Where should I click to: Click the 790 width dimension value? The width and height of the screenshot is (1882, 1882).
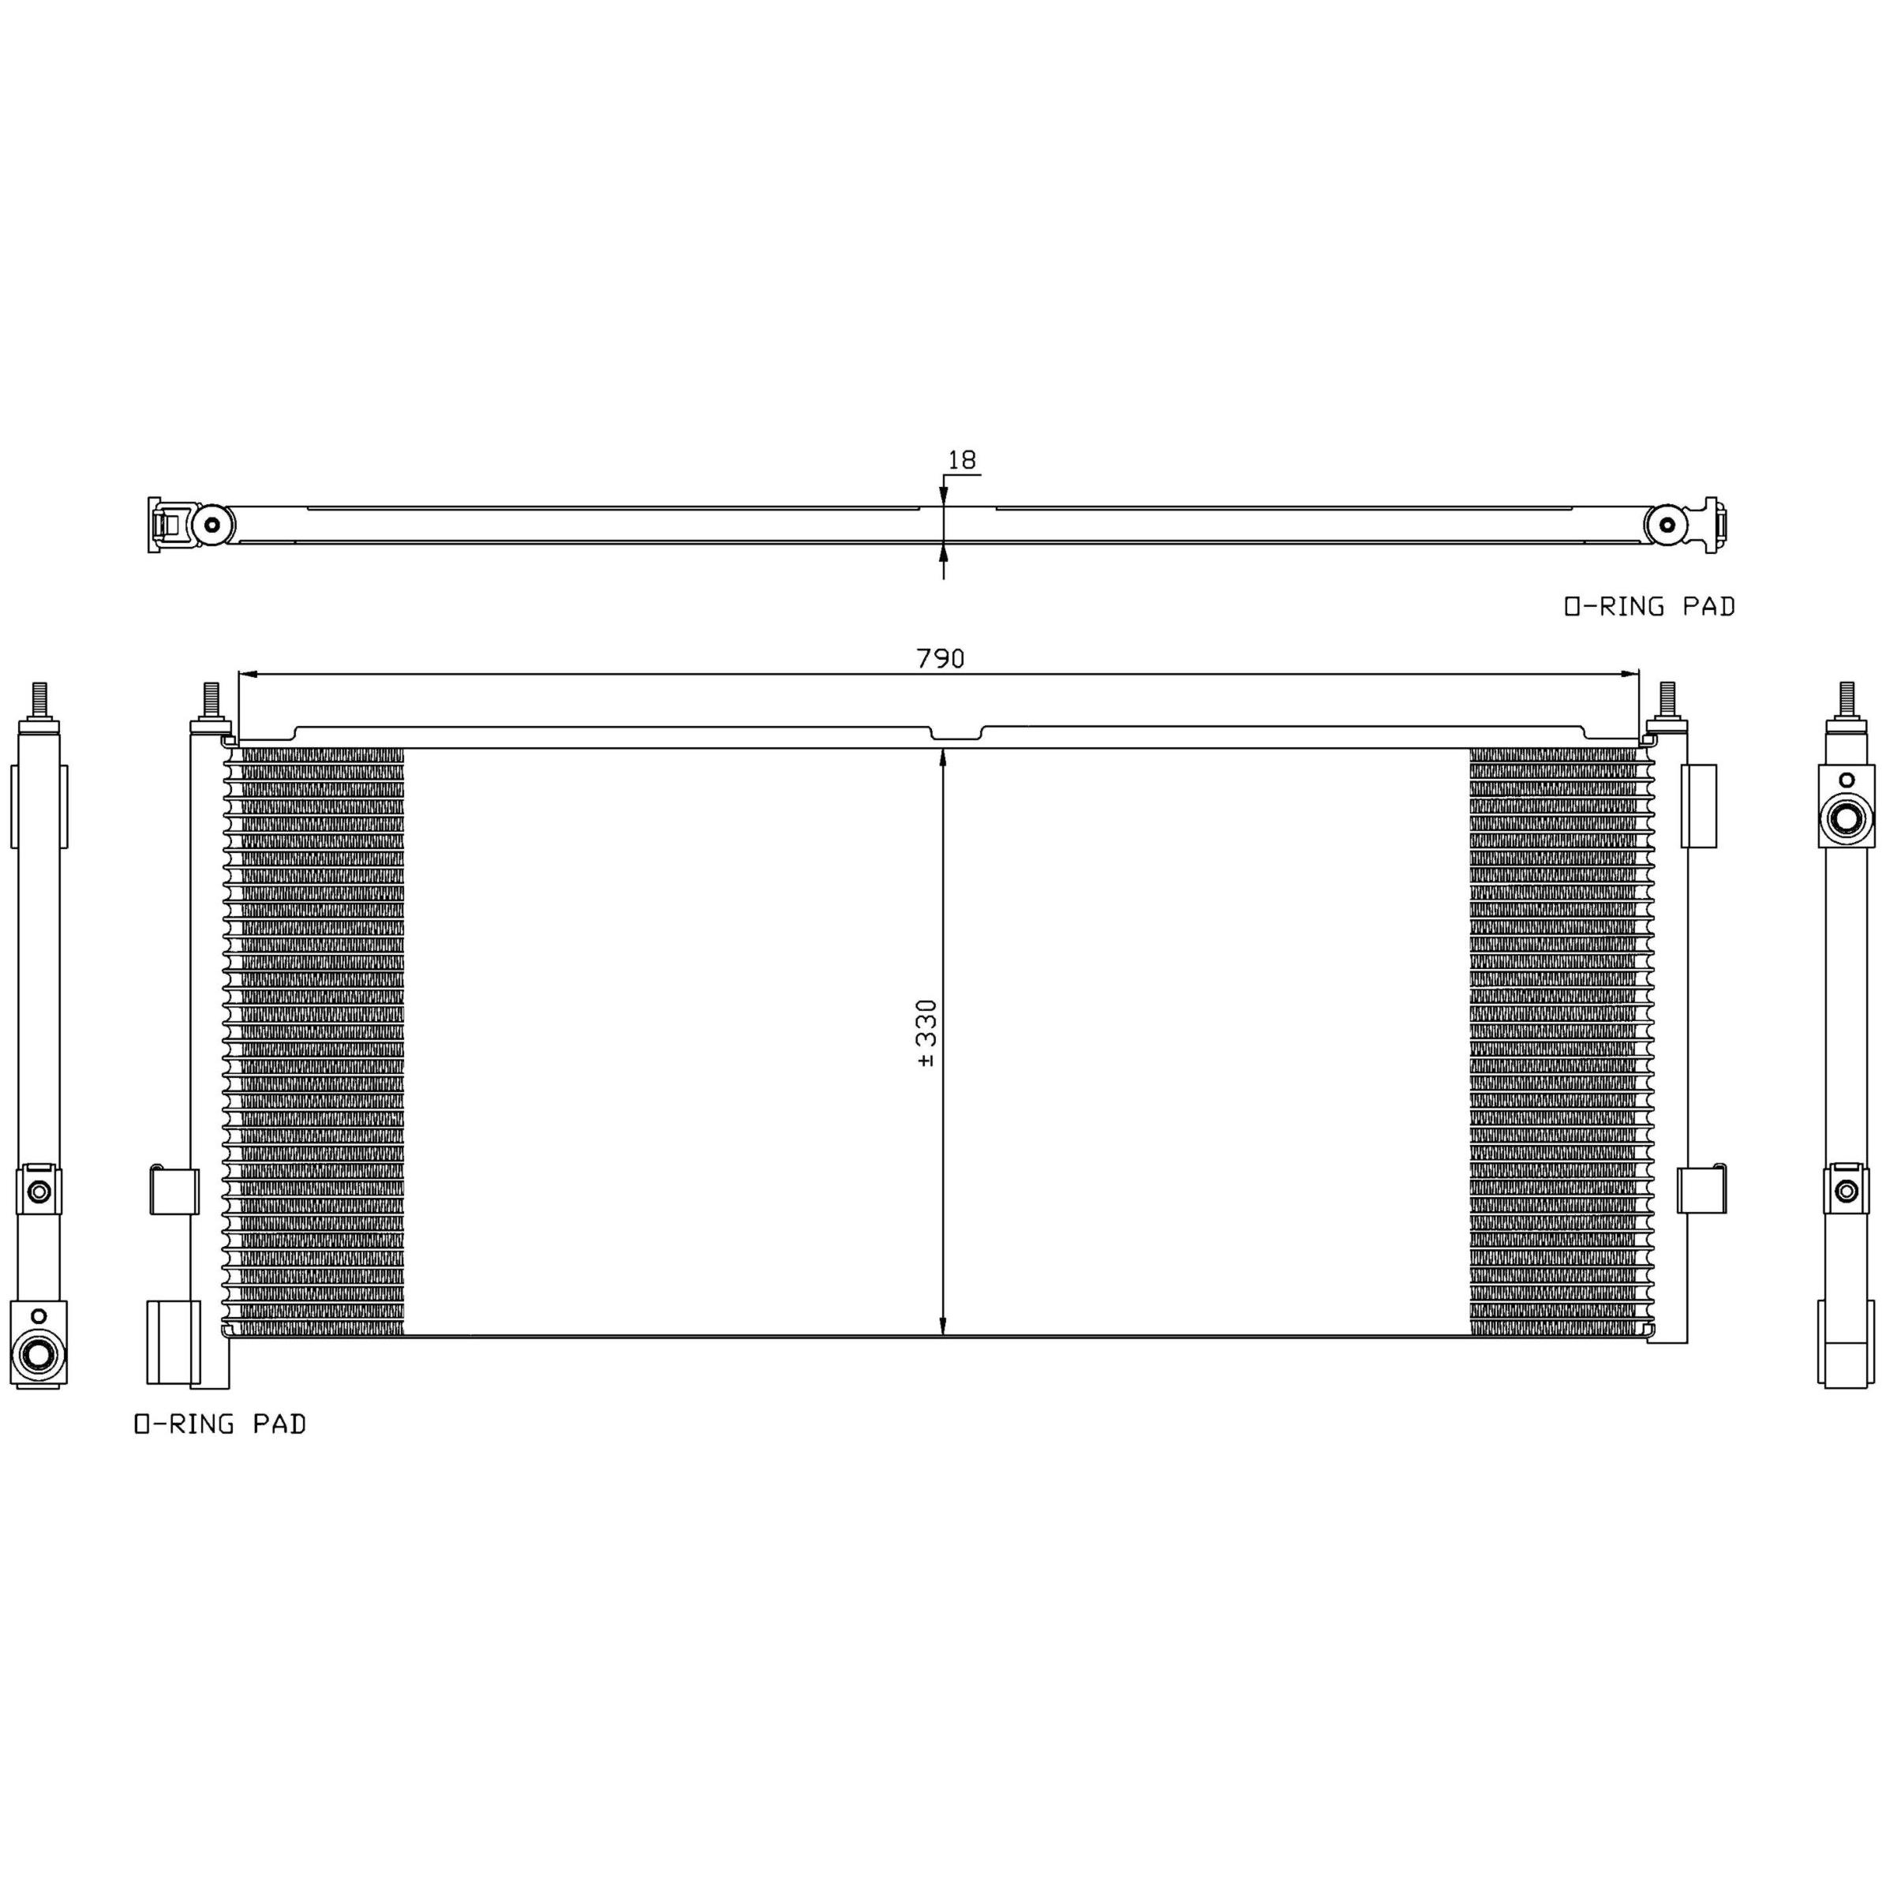point(940,659)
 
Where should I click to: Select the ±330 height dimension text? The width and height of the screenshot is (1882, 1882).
point(926,1033)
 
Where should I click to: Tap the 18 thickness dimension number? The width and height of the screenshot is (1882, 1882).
point(961,460)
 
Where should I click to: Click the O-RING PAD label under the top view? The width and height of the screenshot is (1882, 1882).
point(1649,606)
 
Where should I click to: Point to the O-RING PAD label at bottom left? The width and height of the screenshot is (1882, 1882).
point(220,1424)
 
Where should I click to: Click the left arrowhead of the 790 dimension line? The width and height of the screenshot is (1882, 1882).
point(248,673)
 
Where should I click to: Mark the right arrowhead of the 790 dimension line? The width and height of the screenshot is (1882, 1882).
point(1629,673)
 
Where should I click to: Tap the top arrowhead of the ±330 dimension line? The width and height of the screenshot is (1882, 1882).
point(943,758)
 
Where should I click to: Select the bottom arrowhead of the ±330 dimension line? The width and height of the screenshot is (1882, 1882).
point(943,1325)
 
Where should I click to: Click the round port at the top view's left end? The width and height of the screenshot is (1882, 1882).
point(211,525)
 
